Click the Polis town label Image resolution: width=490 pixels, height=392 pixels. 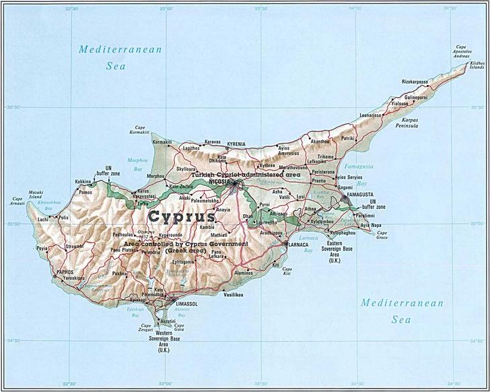tap(64, 218)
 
